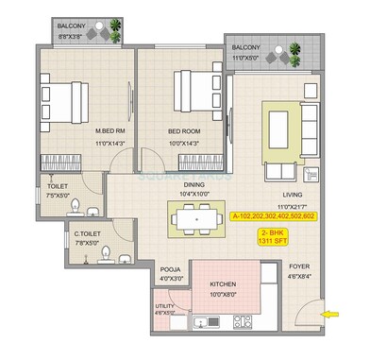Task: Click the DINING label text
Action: pyautogui.click(x=194, y=184)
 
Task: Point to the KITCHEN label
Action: pyautogui.click(x=223, y=283)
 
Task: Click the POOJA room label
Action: pyautogui.click(x=170, y=269)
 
